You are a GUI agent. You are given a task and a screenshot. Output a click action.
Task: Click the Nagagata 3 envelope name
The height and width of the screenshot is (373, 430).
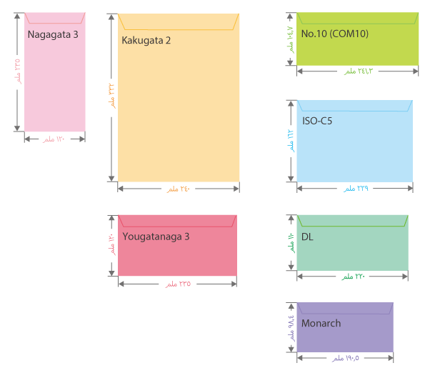pos(53,34)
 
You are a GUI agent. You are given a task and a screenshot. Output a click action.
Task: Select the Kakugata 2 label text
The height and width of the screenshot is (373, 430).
pos(146,40)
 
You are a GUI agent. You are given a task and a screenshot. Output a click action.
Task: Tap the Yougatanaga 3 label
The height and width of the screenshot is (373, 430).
pos(156,237)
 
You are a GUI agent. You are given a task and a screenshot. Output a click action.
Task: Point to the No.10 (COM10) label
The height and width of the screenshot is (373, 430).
pos(335,34)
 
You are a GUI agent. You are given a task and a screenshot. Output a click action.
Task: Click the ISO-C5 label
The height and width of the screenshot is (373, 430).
pos(316,121)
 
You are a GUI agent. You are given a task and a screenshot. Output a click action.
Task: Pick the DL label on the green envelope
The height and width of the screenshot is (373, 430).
pos(307,237)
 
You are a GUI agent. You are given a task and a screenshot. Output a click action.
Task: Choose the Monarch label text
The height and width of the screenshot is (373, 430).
pos(321,323)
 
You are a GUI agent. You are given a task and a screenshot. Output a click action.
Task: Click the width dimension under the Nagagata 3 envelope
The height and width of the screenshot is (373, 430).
pos(54,139)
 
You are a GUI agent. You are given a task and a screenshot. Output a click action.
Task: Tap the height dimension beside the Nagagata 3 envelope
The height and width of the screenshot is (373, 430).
pos(18,72)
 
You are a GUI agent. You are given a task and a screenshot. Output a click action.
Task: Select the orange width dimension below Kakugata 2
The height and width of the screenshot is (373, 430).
pos(179,189)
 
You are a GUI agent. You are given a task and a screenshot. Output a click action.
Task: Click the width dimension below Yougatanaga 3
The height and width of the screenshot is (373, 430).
pos(179,284)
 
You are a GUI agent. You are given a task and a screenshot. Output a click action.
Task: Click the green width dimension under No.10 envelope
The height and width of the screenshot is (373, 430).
pos(358,71)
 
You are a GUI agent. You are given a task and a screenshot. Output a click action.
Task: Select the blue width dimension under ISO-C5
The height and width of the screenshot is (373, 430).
pos(355,189)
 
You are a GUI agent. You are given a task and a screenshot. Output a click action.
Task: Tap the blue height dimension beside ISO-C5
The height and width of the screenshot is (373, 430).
pos(291,141)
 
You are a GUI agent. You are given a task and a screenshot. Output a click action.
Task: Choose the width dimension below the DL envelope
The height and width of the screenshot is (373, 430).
pos(353,277)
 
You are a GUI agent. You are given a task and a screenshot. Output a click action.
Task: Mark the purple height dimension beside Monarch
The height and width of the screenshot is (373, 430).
pos(291,327)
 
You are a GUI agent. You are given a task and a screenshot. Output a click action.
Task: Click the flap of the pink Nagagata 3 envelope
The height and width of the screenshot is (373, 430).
pos(54,18)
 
